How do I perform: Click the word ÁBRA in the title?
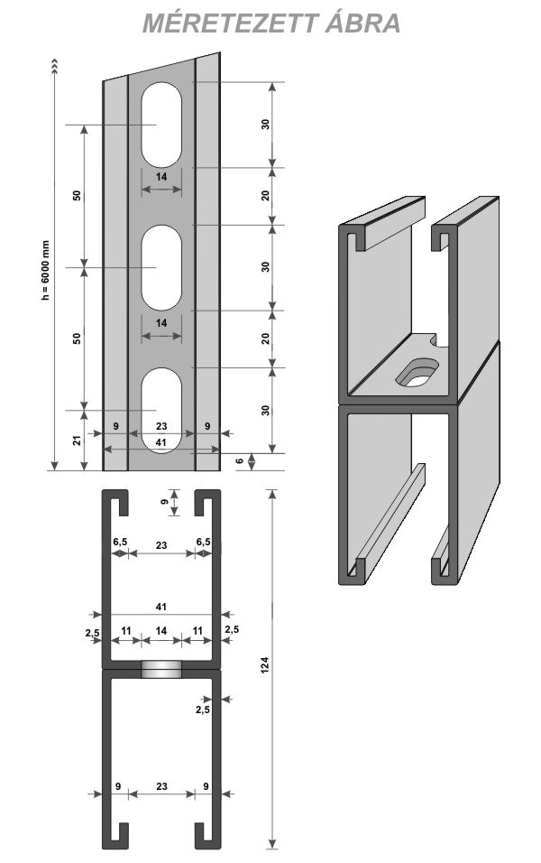click(363, 23)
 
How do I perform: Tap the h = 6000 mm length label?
click(47, 272)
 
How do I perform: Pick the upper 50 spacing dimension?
click(78, 196)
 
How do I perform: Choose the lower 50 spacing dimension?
click(78, 339)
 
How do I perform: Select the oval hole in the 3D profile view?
click(417, 371)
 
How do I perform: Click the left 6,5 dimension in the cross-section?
click(119, 542)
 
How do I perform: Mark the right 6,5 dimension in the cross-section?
click(204, 542)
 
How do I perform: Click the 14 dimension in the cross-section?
click(161, 630)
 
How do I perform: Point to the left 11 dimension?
click(124, 630)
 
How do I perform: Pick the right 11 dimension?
click(197, 630)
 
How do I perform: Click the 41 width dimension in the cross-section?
click(161, 608)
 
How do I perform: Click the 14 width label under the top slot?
click(161, 178)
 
